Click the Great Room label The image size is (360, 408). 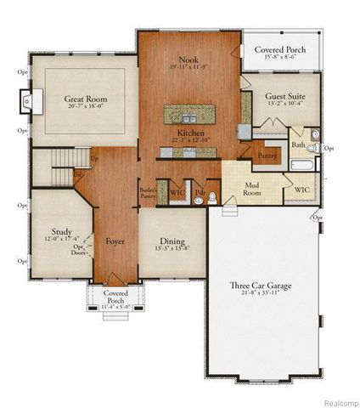pyautogui.click(x=85, y=99)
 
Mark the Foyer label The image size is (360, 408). pyautogui.click(x=115, y=241)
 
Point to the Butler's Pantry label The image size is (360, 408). pyautogui.click(x=147, y=193)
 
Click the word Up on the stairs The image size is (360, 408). pyautogui.click(x=93, y=158)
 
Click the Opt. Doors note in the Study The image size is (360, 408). pyautogui.click(x=79, y=250)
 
